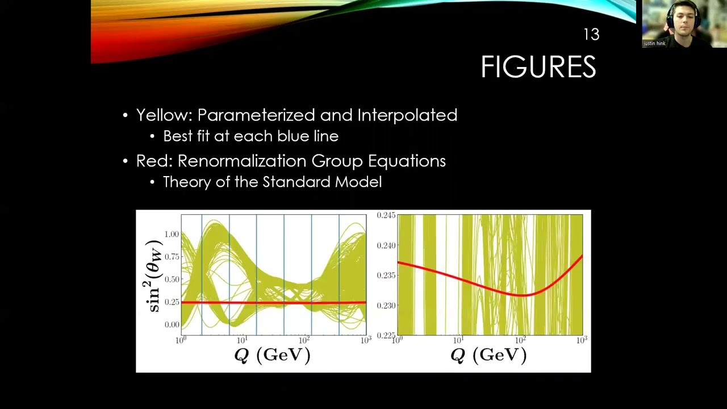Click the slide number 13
click(x=591, y=35)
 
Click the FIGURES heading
click(x=538, y=67)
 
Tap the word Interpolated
click(x=407, y=115)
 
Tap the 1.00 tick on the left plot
click(x=172, y=234)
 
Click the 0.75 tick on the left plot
click(x=172, y=257)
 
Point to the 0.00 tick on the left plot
click(x=172, y=325)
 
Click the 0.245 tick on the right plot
click(x=386, y=215)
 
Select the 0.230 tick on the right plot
click(x=386, y=306)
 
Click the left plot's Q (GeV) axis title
click(x=273, y=355)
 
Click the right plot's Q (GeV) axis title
click(x=488, y=355)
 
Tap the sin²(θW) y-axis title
click(x=154, y=276)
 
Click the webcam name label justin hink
click(x=654, y=43)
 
